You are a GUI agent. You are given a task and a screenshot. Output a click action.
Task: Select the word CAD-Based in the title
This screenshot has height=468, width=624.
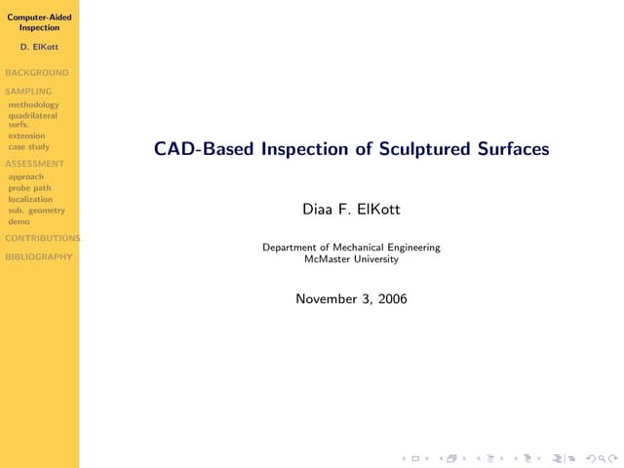[x=204, y=149]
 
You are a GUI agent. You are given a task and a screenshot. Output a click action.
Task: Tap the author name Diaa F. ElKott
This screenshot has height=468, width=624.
[x=351, y=210]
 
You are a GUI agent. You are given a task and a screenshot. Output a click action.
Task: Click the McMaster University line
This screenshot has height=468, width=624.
[x=351, y=259]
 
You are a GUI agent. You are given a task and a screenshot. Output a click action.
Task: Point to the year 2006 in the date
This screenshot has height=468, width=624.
[x=392, y=299]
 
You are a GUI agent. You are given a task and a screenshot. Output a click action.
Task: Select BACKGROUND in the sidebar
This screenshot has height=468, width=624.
[x=37, y=73]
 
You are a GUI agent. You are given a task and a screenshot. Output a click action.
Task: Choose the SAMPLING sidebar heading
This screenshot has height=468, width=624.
[x=28, y=91]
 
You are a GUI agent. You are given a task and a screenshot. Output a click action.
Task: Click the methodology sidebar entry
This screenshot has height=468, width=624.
[x=33, y=105]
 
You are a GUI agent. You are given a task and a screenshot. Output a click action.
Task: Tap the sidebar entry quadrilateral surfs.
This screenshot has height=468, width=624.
[x=32, y=120]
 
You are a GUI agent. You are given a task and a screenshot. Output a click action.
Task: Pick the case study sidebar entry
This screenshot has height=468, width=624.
[x=28, y=147]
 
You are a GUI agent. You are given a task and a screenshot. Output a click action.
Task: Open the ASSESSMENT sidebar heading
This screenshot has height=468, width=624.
[x=35, y=164]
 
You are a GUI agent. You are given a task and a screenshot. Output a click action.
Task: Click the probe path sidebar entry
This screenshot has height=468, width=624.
[x=29, y=188]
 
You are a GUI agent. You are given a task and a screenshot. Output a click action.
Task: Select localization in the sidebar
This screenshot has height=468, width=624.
[x=30, y=199]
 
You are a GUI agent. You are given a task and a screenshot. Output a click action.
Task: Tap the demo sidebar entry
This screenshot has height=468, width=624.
[x=19, y=221]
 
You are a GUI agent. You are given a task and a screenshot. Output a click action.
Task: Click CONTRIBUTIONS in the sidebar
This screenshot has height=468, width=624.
[x=43, y=238]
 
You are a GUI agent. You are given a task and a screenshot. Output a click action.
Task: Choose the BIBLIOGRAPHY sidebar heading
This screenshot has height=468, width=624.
[x=39, y=256]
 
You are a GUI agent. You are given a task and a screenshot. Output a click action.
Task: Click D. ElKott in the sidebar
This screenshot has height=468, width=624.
[x=39, y=47]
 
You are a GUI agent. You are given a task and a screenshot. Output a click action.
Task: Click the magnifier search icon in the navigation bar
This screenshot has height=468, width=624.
[x=602, y=459]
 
